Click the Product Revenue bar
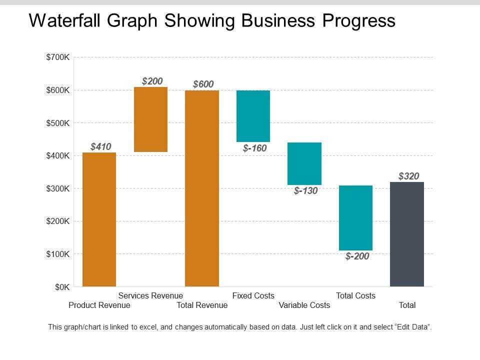pyautogui.click(x=99, y=219)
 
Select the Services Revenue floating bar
pyautogui.click(x=150, y=119)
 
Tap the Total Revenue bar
pyautogui.click(x=201, y=188)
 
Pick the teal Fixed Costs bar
pyautogui.click(x=253, y=116)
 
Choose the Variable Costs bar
pyautogui.click(x=304, y=163)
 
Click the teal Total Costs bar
pyautogui.click(x=355, y=217)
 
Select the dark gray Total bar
pyautogui.click(x=406, y=234)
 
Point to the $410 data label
pyautogui.click(x=100, y=146)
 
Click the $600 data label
pyautogui.click(x=203, y=84)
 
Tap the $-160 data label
pyautogui.click(x=254, y=148)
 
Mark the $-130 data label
pyautogui.click(x=305, y=190)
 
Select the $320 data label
pyautogui.click(x=408, y=175)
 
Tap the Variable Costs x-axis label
pyautogui.click(x=304, y=305)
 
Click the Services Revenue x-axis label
pyautogui.click(x=150, y=295)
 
